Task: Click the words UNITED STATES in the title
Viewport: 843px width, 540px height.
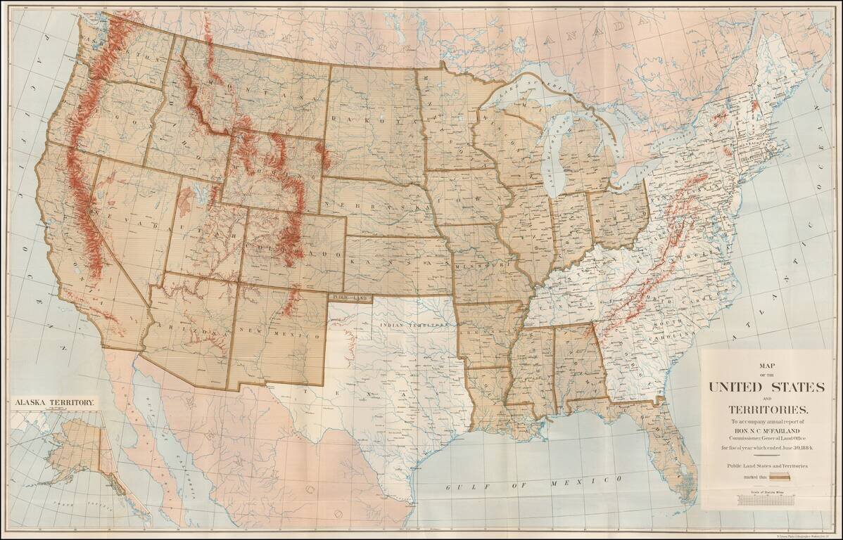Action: tap(766, 387)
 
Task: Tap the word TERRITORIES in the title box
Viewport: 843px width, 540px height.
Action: tap(766, 409)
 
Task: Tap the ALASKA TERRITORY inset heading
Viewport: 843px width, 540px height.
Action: tap(54, 402)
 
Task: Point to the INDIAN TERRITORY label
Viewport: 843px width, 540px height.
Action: tap(414, 326)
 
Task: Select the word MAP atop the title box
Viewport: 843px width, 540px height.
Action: tap(766, 365)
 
